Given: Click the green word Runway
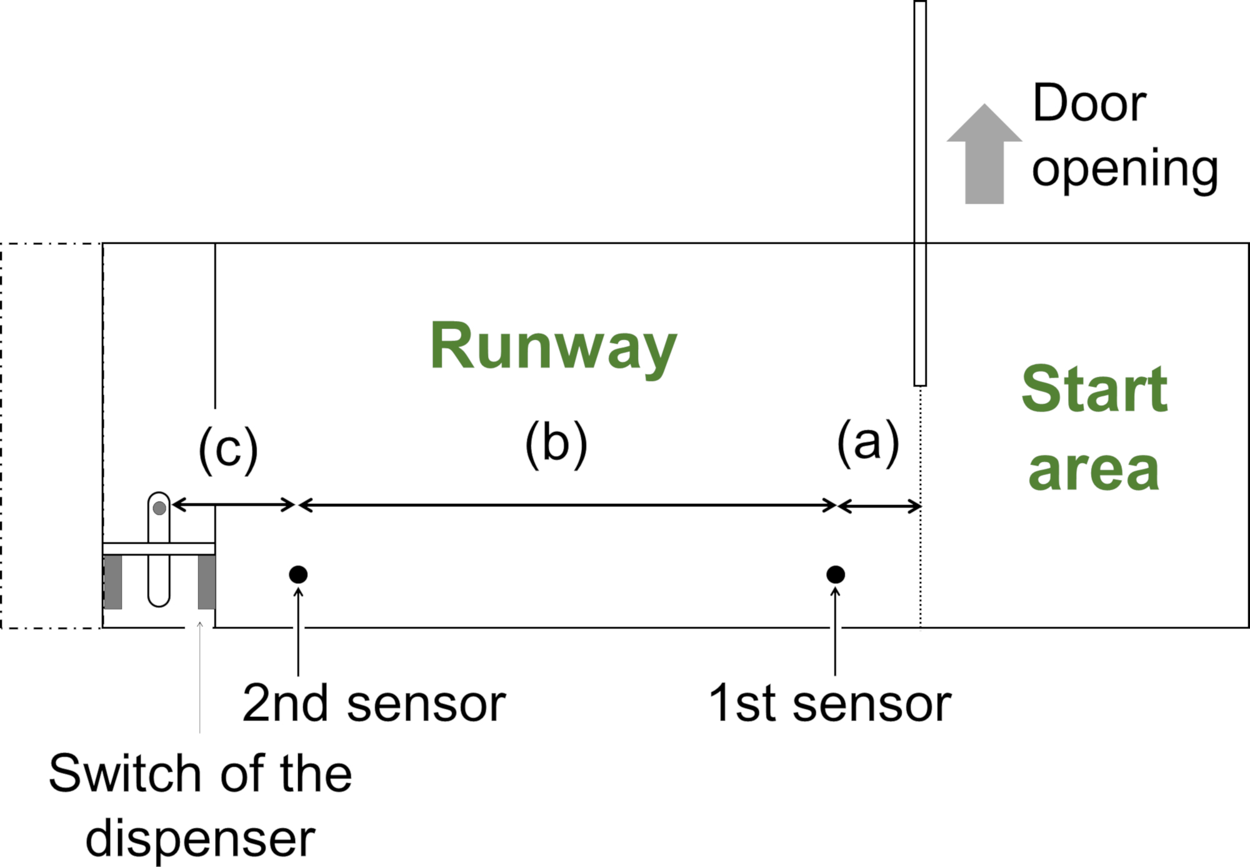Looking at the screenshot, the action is (x=554, y=348).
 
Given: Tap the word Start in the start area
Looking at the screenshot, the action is (x=1094, y=389).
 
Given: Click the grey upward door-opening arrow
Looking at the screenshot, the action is (x=984, y=154).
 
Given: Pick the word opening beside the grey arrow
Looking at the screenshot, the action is (x=1125, y=170).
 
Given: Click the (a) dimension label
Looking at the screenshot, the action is (x=868, y=443).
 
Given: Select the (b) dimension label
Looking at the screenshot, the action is (x=556, y=444).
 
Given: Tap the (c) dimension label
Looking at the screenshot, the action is (x=228, y=449).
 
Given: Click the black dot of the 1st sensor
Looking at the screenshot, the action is (x=836, y=574).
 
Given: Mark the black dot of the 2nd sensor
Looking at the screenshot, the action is (x=298, y=574).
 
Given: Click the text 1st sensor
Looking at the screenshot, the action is (x=829, y=704).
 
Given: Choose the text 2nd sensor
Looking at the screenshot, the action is (x=374, y=704).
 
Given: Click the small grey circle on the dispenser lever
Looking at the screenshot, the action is (x=159, y=508).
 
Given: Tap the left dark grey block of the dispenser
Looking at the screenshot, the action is (x=113, y=582).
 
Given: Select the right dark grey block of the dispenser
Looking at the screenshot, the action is (x=207, y=582).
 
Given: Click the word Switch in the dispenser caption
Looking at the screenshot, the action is (x=124, y=774).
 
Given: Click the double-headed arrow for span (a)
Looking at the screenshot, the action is (x=879, y=506).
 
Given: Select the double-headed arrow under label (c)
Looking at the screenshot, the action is (x=233, y=504).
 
